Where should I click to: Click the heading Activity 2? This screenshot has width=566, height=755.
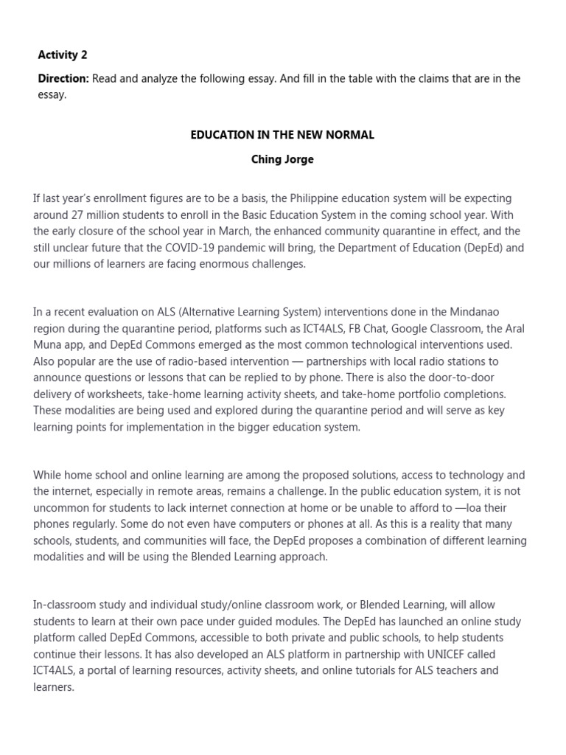63,55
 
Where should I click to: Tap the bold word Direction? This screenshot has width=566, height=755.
63,79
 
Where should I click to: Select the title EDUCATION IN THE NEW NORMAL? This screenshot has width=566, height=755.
282,135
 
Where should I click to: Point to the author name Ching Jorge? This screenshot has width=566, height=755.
282,159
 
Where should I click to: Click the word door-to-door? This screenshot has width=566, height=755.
469,377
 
